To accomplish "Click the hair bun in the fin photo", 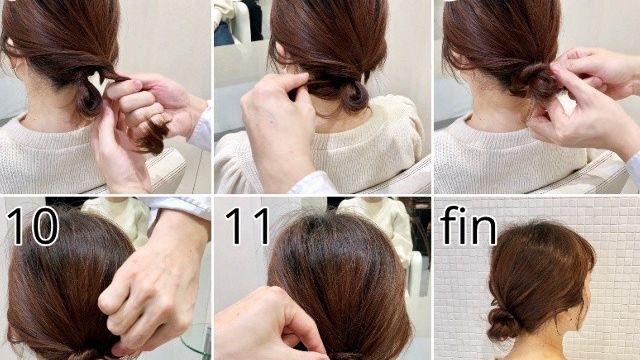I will point(503,322).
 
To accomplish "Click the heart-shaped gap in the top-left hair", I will point(96,79).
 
